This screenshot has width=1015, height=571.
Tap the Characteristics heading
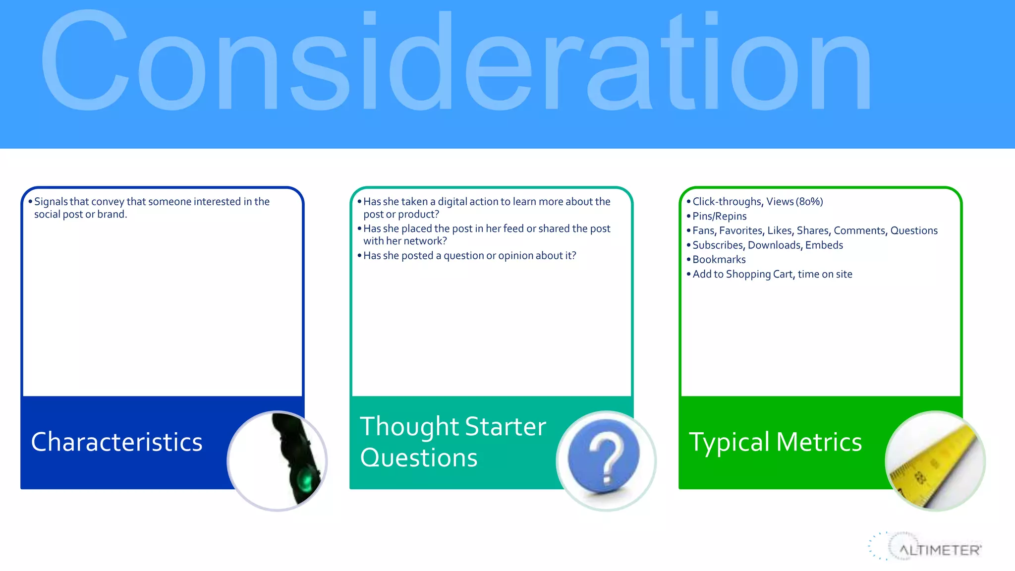tap(117, 442)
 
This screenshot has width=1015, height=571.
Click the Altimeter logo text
tap(940, 550)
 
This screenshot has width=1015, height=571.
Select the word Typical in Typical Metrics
tap(729, 442)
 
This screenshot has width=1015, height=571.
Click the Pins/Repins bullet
tap(719, 216)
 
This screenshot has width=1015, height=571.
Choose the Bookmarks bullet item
tap(719, 259)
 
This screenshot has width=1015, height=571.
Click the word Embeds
tap(824, 245)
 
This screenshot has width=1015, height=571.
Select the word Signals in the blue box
tap(51, 202)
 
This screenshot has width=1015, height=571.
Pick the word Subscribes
tap(718, 245)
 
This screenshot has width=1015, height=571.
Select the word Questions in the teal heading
tap(419, 457)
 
